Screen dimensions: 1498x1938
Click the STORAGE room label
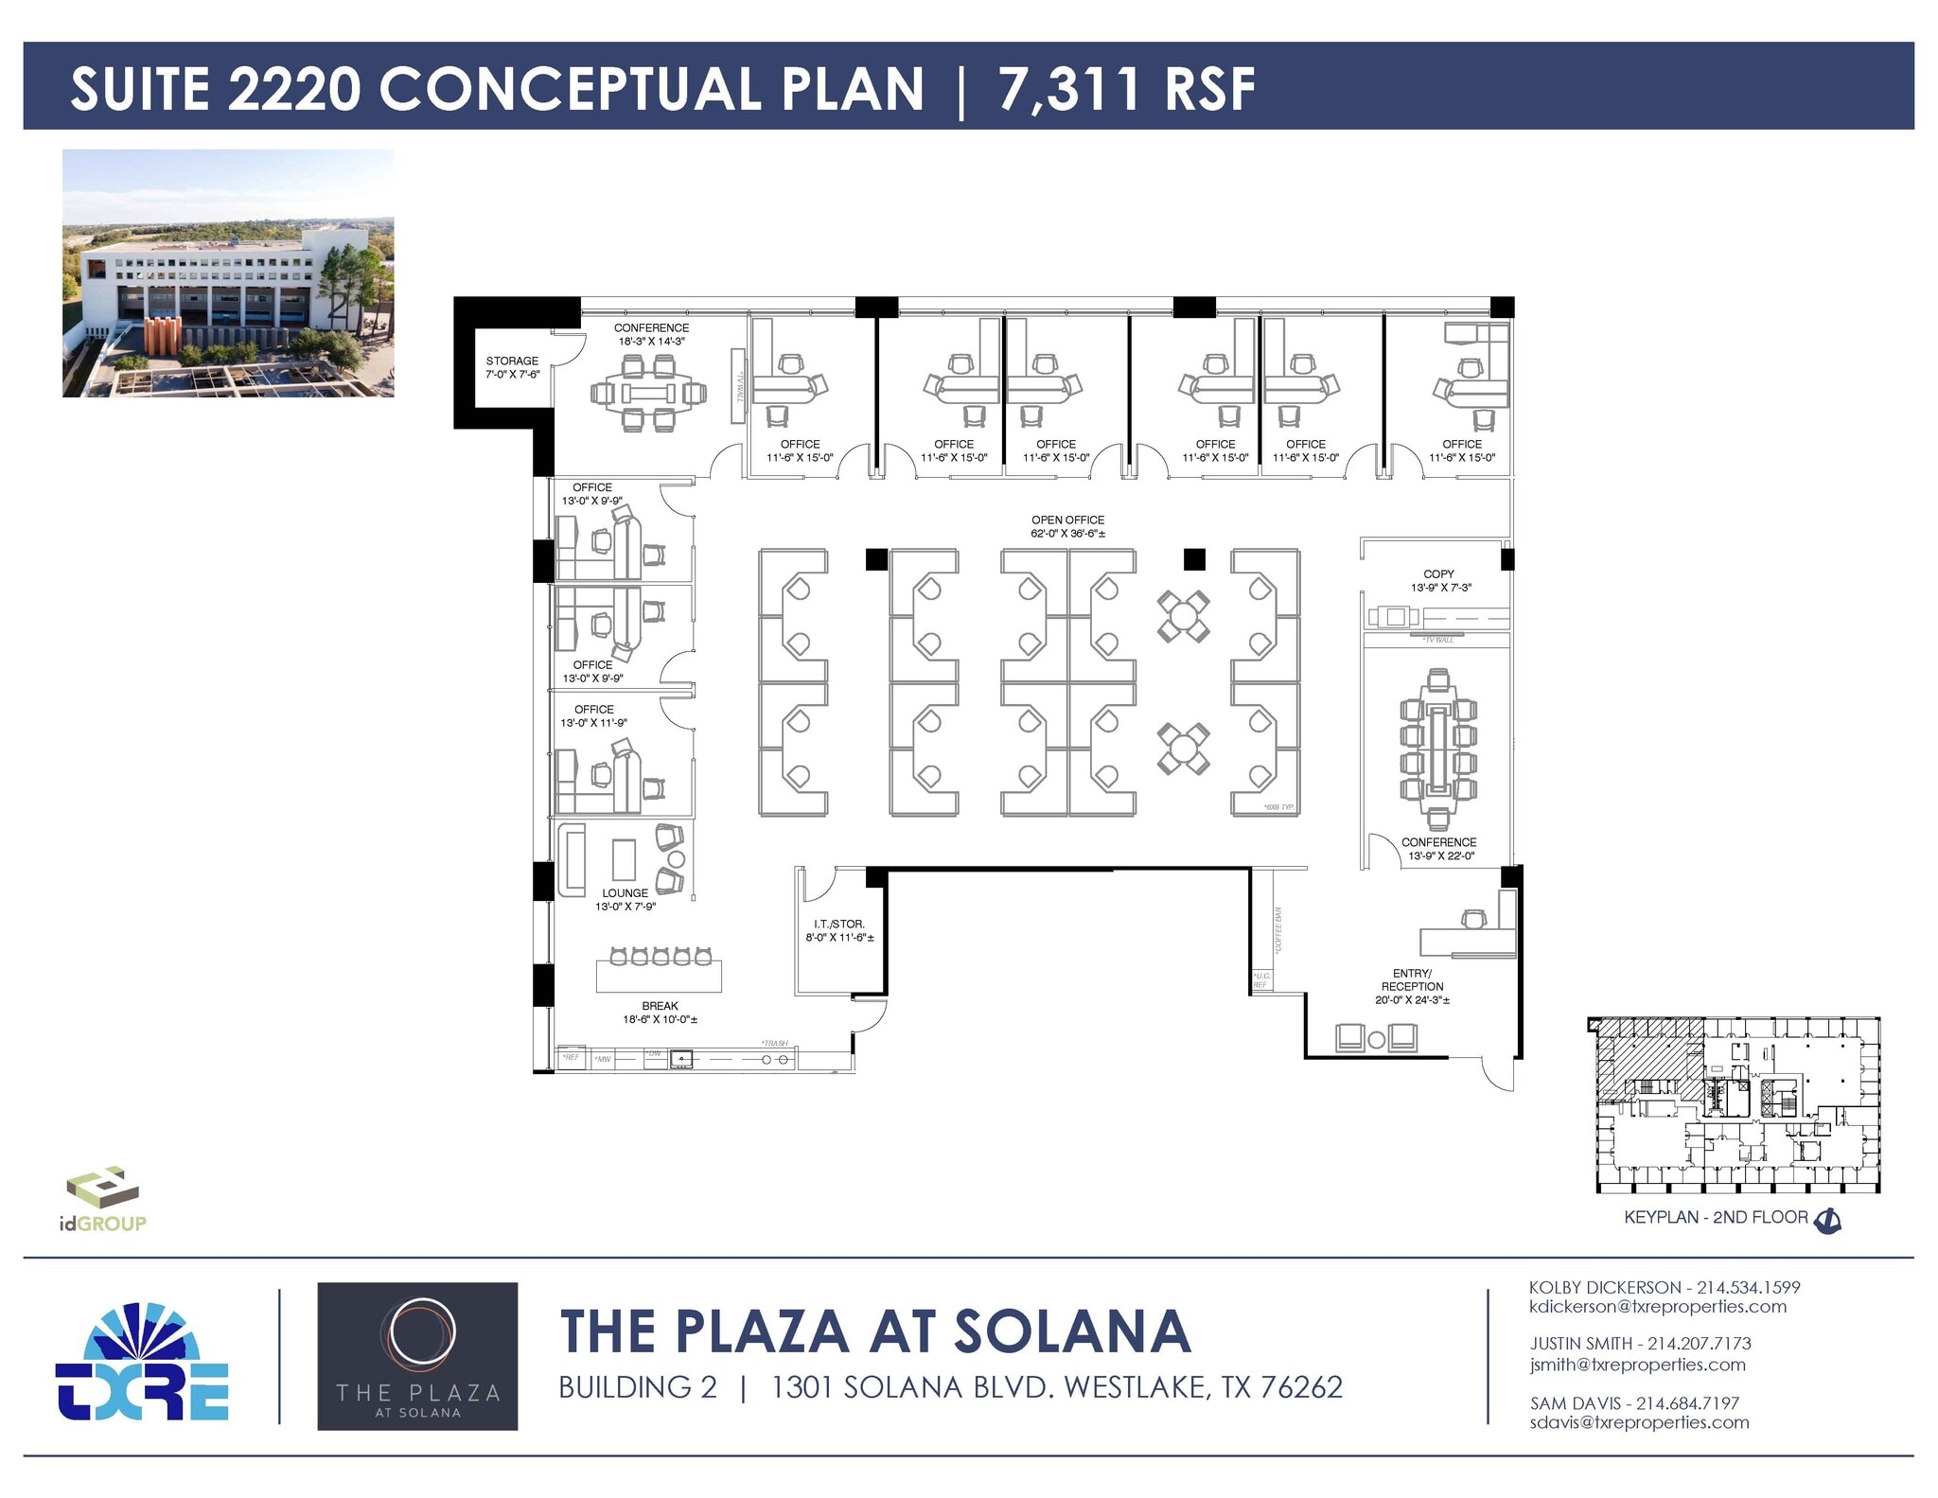click(512, 361)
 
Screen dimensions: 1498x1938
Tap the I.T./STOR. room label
click(839, 924)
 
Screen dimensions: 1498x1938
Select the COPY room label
click(1438, 573)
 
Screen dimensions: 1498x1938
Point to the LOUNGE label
click(625, 892)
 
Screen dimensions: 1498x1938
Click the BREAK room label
click(660, 1006)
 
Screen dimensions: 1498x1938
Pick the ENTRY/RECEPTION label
click(1412, 979)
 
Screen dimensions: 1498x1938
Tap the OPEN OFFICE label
click(1067, 520)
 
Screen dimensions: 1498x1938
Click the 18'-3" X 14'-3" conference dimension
click(651, 342)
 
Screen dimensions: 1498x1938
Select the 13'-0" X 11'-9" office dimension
click(593, 723)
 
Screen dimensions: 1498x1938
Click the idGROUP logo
click(102, 1198)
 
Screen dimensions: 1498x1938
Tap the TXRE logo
click(142, 1363)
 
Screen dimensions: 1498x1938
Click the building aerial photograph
click(228, 273)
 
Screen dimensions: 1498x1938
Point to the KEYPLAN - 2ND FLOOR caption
click(1716, 1217)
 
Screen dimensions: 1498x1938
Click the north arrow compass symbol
click(1827, 1221)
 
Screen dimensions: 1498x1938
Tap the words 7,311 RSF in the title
click(1126, 89)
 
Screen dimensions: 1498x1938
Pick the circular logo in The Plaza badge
click(417, 1332)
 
